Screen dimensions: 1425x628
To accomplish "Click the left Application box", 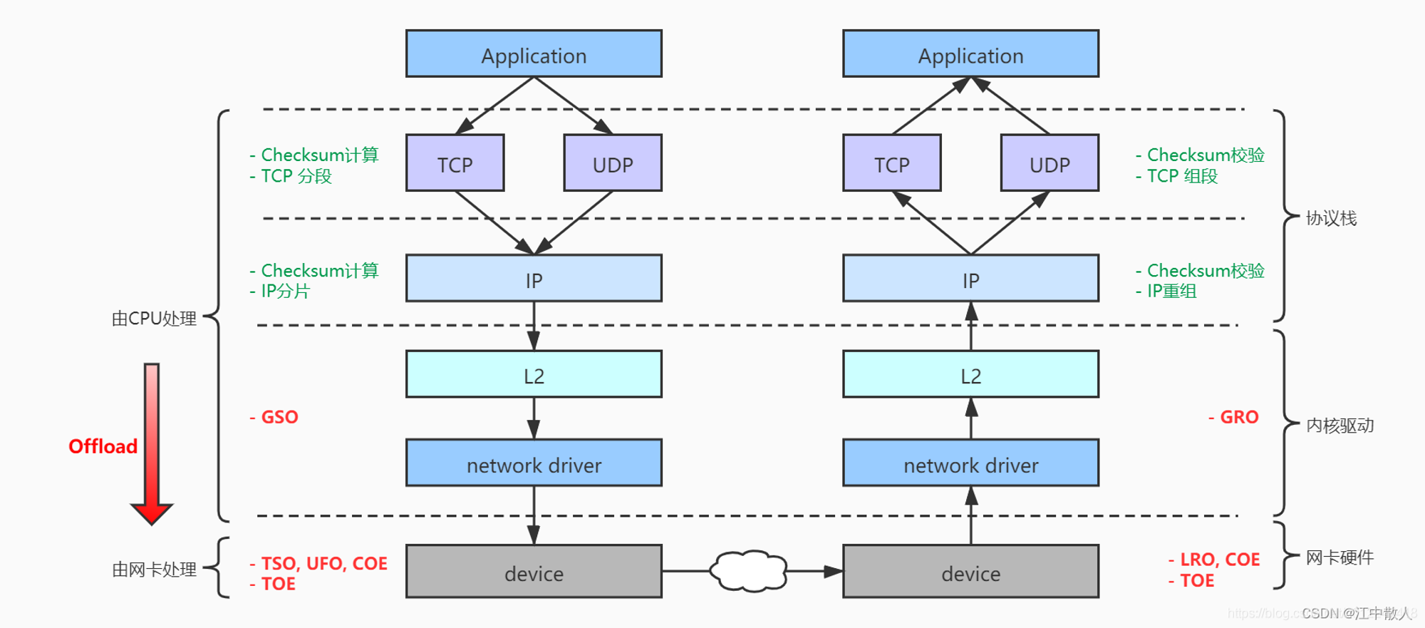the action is (534, 53).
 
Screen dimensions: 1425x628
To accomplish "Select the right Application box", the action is (970, 53).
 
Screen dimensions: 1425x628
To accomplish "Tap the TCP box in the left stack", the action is (455, 163).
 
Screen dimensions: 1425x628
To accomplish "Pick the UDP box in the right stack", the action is (1050, 163).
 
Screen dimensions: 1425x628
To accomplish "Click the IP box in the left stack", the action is (534, 278).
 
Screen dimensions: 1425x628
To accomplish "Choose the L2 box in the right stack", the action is (970, 374).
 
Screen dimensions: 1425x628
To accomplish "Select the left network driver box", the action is (534, 463).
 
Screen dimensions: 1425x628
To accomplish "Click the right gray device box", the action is (970, 572).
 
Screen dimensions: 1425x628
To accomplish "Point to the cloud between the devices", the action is (749, 571).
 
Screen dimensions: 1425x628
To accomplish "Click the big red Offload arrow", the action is (152, 443).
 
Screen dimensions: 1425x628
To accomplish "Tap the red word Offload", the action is (103, 446).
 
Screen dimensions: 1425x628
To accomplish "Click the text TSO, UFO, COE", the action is (324, 563).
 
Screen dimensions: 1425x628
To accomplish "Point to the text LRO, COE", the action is (1220, 560).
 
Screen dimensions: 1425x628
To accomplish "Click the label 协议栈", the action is (1331, 218).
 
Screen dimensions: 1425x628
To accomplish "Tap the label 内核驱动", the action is (1339, 426).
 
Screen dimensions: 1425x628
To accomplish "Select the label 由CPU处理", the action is (154, 319).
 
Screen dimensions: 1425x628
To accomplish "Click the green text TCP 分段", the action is (296, 176).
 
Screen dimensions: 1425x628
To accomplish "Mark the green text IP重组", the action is (1171, 291).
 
